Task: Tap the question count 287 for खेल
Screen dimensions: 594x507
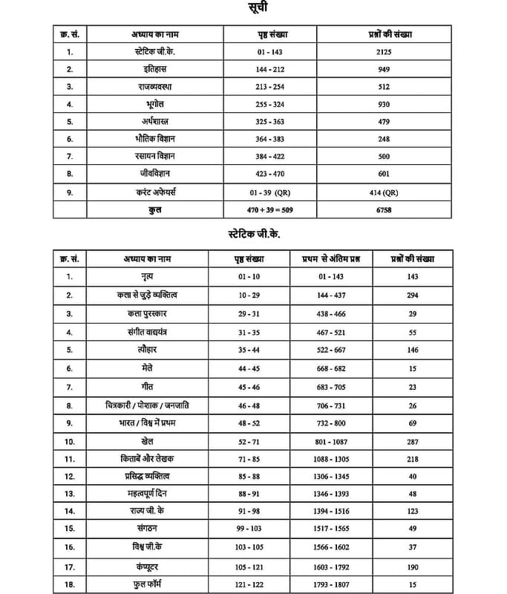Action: [x=413, y=441]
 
